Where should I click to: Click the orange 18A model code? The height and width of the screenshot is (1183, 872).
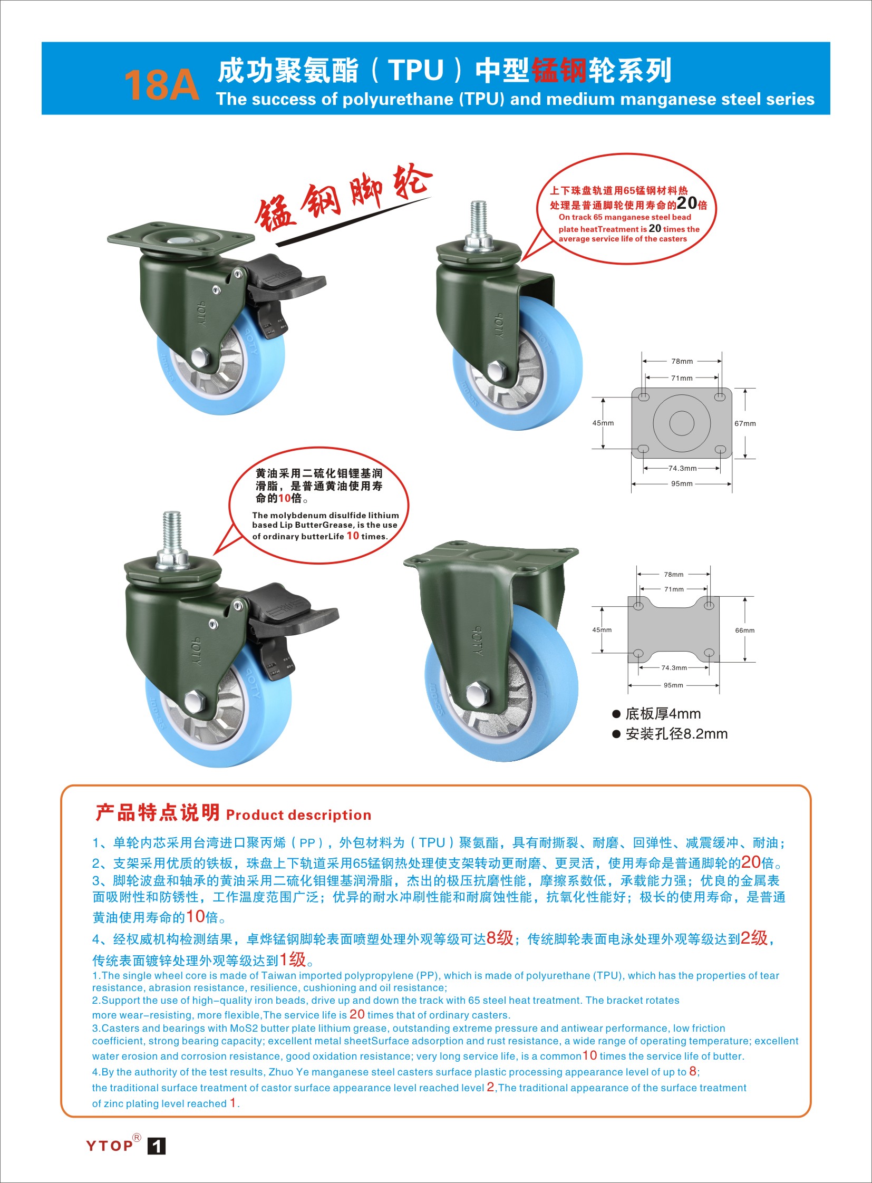[161, 84]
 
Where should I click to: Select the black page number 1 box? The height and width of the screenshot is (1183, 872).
[156, 1146]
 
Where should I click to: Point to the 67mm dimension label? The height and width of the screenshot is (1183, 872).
[745, 423]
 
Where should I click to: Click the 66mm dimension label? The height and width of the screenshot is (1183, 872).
[745, 631]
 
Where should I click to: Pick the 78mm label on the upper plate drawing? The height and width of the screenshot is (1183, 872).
[682, 361]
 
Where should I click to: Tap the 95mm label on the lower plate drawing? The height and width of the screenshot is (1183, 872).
[673, 685]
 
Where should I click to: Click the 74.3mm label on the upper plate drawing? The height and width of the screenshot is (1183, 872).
[683, 468]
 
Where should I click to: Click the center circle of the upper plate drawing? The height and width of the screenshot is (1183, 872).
[682, 423]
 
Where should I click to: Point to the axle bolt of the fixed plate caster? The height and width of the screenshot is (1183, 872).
[478, 693]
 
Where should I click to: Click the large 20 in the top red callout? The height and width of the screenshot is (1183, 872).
[687, 203]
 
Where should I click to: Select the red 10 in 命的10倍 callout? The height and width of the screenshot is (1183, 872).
[285, 498]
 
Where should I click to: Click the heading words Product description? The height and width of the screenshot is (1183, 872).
[299, 815]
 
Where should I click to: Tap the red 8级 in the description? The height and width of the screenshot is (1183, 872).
[500, 938]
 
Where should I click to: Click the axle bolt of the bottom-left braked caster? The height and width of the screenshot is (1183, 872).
[195, 702]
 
